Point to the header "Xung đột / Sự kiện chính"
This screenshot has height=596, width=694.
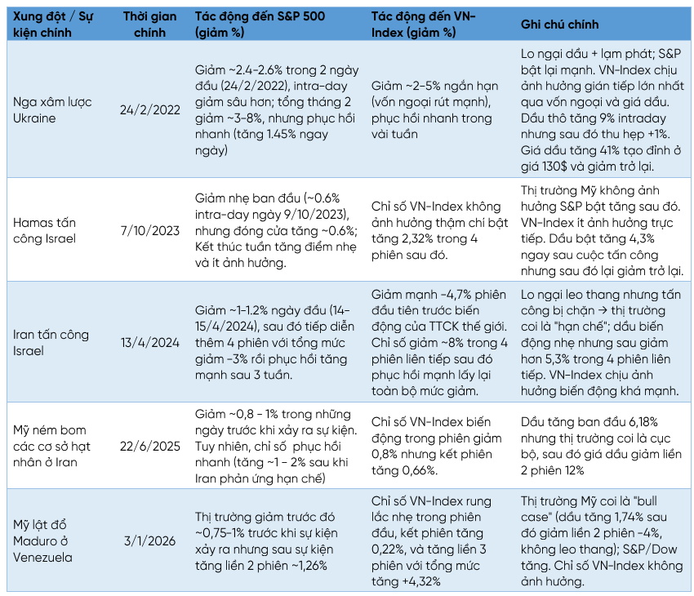tap(51, 24)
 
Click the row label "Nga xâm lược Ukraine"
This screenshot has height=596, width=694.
tap(53, 110)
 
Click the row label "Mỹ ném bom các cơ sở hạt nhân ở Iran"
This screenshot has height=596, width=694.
tap(55, 445)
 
